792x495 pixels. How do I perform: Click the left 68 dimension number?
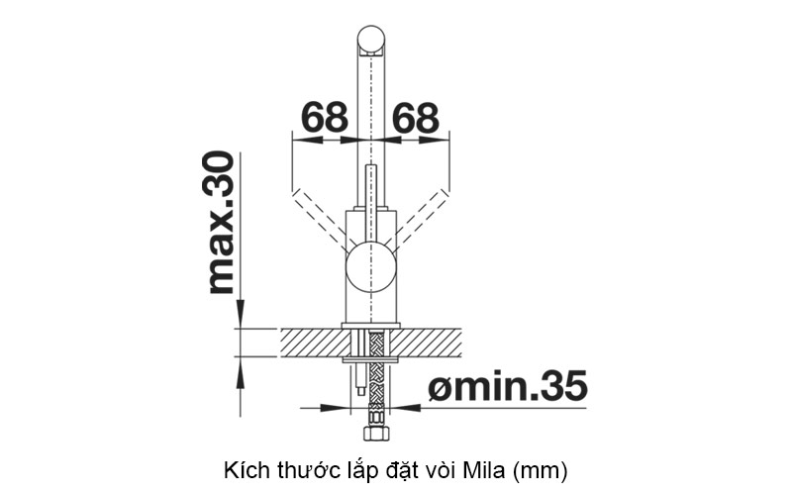325,118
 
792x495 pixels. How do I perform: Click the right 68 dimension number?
416,118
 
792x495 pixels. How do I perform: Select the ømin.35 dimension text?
508,386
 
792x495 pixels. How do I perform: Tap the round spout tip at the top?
371,40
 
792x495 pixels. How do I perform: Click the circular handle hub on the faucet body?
371,267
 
